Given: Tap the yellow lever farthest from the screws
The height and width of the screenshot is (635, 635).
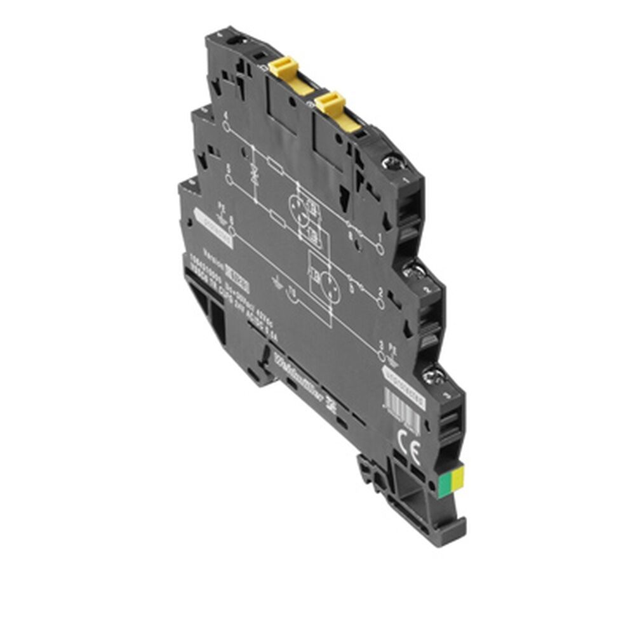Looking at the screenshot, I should pos(283,69).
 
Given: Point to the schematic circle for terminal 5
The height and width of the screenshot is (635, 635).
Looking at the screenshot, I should pos(229,179).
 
